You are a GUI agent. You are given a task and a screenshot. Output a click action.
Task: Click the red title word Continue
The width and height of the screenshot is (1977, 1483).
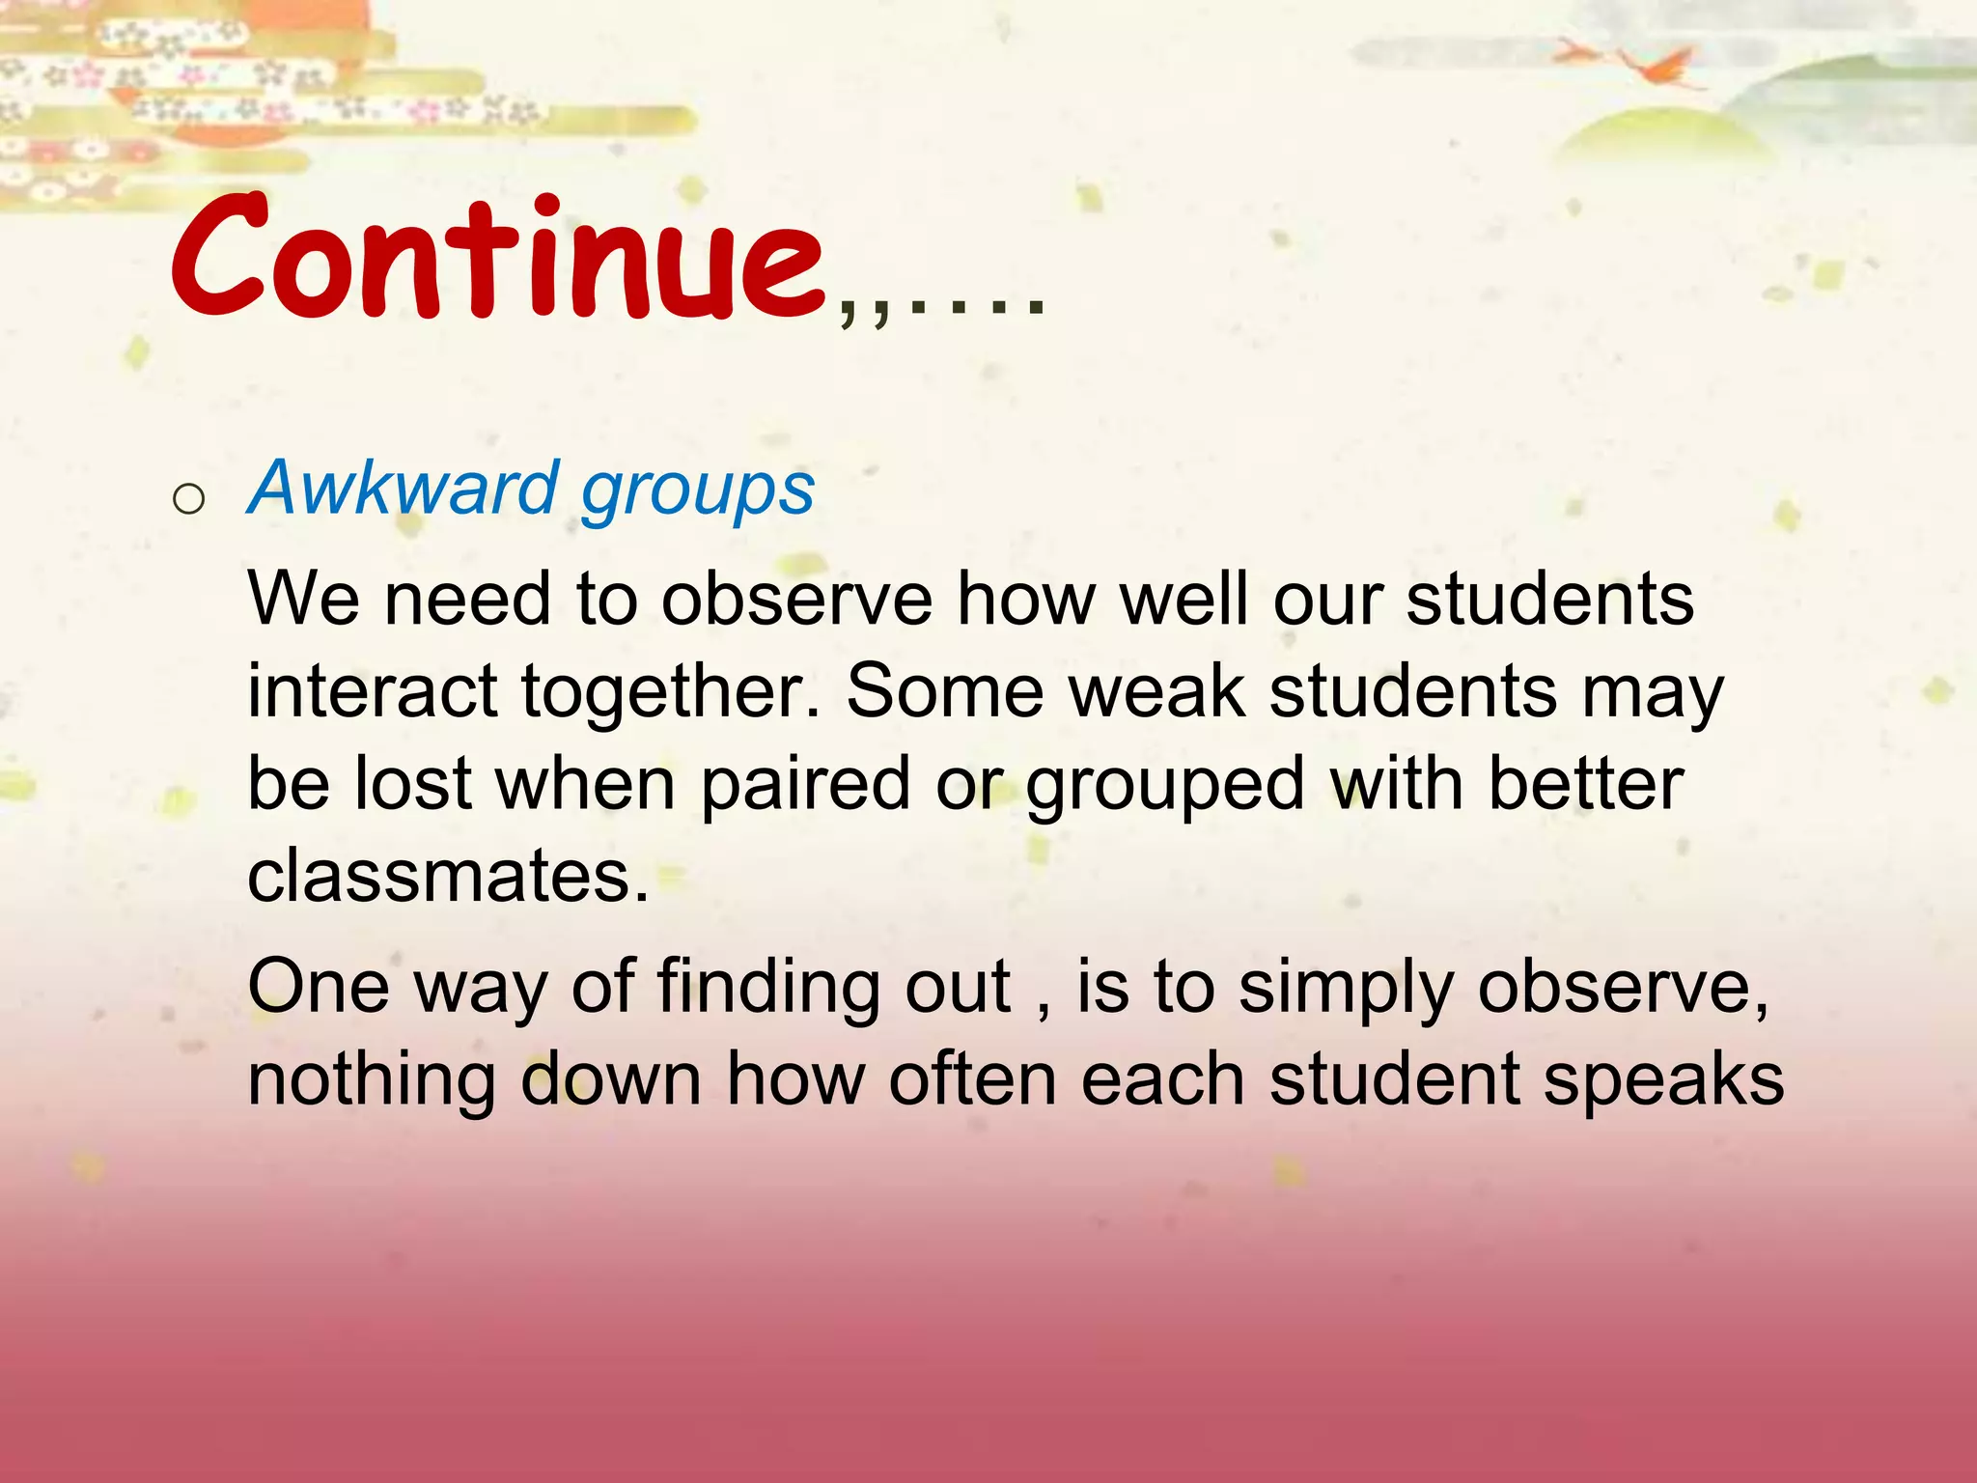coord(497,259)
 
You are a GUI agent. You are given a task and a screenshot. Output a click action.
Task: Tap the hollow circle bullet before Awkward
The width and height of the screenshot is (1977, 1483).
coord(188,499)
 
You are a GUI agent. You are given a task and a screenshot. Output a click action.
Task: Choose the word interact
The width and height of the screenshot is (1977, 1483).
coord(372,691)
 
